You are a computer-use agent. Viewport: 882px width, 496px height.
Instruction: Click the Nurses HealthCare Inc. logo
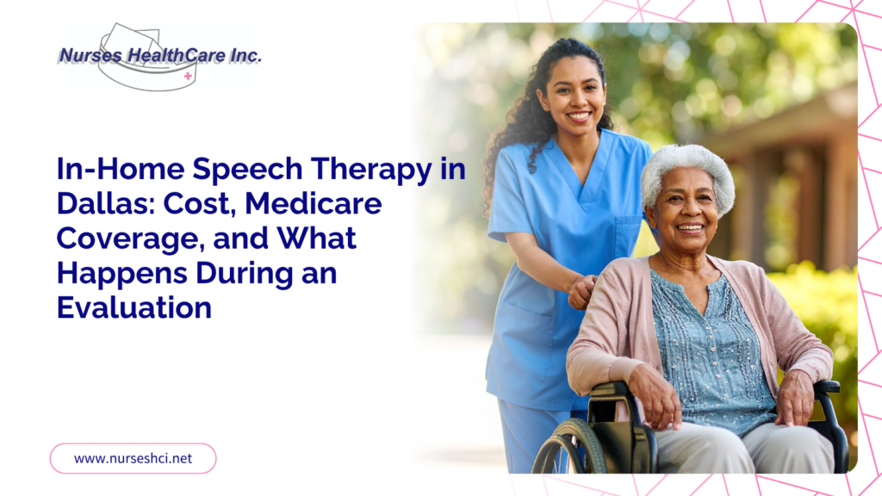159,57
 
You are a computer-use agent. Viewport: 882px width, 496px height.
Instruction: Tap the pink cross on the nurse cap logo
188,76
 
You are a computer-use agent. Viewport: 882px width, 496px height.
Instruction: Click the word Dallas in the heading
104,203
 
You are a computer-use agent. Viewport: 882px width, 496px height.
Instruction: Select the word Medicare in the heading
314,203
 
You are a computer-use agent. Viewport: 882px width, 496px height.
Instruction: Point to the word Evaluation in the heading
134,307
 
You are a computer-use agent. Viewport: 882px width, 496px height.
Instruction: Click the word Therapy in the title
371,170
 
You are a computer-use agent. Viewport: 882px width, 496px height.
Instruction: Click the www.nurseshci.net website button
134,458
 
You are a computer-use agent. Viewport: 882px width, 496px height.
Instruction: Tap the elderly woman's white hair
687,171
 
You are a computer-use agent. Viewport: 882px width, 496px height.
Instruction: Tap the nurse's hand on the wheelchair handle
581,291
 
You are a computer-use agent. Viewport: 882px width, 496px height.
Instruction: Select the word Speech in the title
247,170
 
